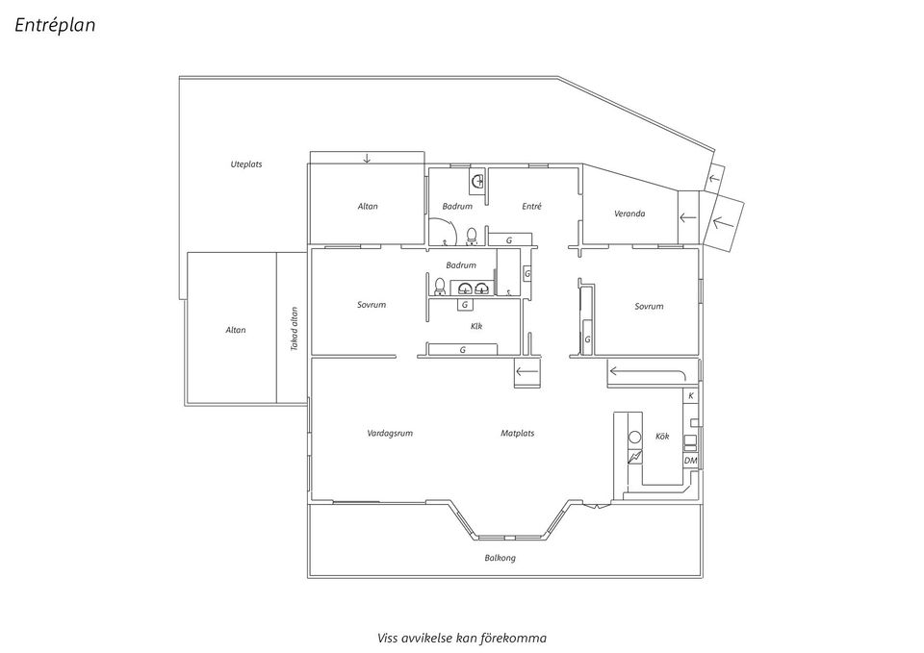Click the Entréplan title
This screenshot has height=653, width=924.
pyautogui.click(x=55, y=26)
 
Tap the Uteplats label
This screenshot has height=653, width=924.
pyautogui.click(x=245, y=164)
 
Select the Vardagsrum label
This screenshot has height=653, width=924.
pyautogui.click(x=390, y=434)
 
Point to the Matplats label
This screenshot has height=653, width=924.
pyautogui.click(x=517, y=434)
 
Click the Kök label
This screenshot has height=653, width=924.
pyautogui.click(x=662, y=437)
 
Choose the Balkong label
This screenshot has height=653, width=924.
pyautogui.click(x=500, y=558)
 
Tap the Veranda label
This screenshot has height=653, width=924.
pyautogui.click(x=629, y=213)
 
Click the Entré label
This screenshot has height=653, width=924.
pyautogui.click(x=531, y=207)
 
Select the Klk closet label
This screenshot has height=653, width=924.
pyautogui.click(x=476, y=326)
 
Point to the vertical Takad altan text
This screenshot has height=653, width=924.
pyautogui.click(x=295, y=329)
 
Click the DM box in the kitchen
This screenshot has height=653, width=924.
pyautogui.click(x=690, y=462)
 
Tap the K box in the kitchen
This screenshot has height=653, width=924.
pyautogui.click(x=690, y=396)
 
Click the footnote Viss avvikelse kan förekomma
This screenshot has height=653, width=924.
pyautogui.click(x=462, y=638)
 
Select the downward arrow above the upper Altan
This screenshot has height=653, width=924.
pyautogui.click(x=367, y=159)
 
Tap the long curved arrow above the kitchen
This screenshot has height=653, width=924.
pyautogui.click(x=646, y=371)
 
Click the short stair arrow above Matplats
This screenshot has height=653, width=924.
pyautogui.click(x=527, y=372)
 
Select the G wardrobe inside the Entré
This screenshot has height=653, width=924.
pyautogui.click(x=509, y=239)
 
